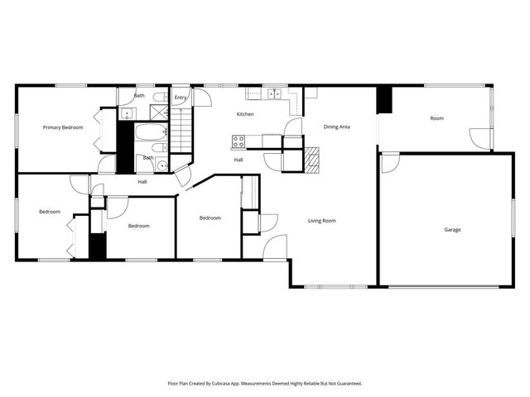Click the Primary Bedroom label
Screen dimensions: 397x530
63,127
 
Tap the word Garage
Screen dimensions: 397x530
452,230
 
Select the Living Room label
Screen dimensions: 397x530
321,221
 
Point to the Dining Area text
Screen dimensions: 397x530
336,127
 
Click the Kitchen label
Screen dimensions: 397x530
245,114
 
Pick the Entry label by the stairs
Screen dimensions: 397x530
181,98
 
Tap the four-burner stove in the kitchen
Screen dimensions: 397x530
238,141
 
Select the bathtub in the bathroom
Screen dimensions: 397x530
149,132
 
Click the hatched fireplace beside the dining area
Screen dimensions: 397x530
311,160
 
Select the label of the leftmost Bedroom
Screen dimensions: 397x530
50,212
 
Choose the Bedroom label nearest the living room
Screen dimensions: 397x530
210,218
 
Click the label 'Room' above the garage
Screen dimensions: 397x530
436,118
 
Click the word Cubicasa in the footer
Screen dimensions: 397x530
228,384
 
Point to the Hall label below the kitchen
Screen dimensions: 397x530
238,160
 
